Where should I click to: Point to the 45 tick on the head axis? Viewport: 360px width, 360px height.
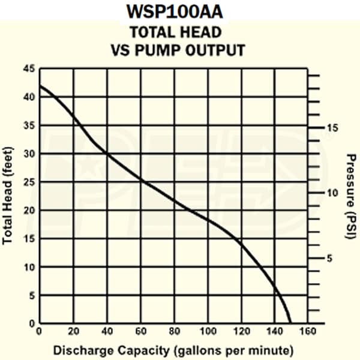click(x=29, y=68)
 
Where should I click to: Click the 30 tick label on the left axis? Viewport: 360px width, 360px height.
click(x=29, y=154)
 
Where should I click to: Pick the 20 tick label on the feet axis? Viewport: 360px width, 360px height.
click(x=29, y=211)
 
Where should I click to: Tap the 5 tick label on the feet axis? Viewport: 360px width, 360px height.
click(x=31, y=296)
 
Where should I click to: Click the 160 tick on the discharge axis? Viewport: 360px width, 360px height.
click(x=308, y=332)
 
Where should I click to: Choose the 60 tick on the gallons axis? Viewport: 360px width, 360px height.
click(x=141, y=332)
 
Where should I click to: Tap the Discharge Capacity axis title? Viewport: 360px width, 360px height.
click(x=174, y=349)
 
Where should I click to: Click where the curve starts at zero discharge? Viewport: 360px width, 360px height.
click(x=40, y=86)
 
